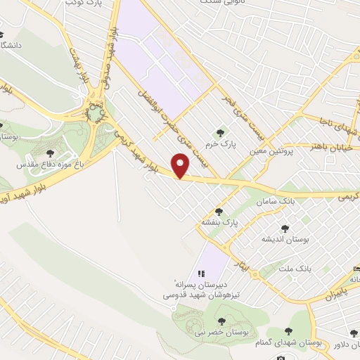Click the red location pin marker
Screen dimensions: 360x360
tap(181, 166)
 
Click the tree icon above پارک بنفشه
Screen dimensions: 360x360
tap(219, 211)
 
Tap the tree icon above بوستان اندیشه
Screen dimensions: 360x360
tap(285, 228)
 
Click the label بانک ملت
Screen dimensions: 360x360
tap(314, 268)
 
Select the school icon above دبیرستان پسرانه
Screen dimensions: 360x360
tap(200, 274)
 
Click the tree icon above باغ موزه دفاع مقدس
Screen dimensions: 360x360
tap(49, 153)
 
